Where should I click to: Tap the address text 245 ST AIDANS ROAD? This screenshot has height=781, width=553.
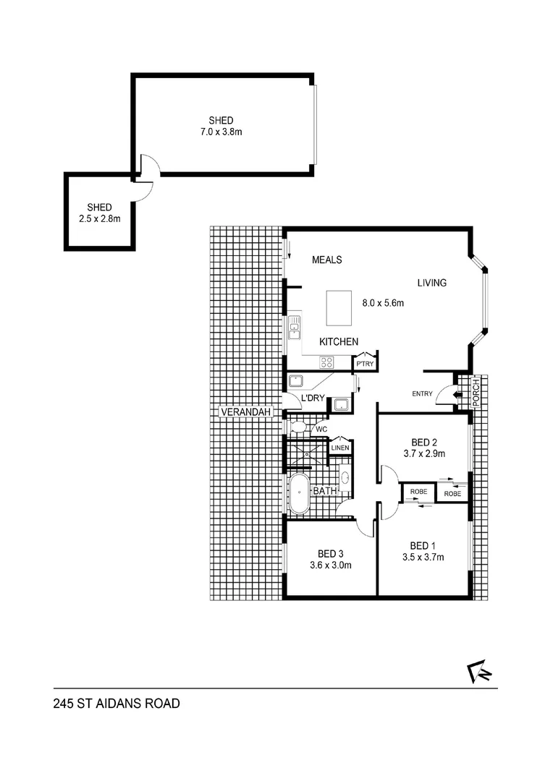pos(116,703)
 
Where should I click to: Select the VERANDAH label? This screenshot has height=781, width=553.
pos(247,412)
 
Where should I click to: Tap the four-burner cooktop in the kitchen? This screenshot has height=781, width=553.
pos(327,363)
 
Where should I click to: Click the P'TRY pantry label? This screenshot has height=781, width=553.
pos(364,364)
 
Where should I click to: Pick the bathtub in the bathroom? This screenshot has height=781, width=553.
pos(299,493)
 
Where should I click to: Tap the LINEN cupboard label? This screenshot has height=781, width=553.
pos(340,448)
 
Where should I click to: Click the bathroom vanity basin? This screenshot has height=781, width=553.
pos(345,478)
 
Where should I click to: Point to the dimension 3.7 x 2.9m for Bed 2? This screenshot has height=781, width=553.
pos(423,454)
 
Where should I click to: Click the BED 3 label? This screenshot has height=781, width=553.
pos(330,553)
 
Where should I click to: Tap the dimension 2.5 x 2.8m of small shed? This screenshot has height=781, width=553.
pos(100,218)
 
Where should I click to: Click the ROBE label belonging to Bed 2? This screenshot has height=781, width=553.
pos(452,493)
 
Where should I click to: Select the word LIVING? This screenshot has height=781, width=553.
pos(431,283)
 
